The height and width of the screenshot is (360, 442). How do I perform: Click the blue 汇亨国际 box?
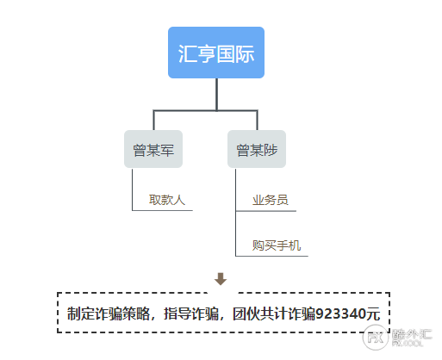tap(216, 53)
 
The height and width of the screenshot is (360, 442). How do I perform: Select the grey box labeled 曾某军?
tap(153, 149)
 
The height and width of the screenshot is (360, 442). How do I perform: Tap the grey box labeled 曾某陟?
tap(257, 149)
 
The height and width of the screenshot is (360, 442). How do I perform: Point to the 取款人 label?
tap(167, 200)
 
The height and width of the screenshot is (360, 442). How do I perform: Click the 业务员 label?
tap(271, 200)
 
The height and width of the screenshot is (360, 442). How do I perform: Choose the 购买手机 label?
tap(277, 245)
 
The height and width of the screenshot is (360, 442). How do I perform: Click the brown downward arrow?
tap(221, 279)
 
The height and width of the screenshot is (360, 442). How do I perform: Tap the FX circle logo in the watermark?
tap(376, 338)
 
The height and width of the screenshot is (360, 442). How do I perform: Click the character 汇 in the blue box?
tap(187, 53)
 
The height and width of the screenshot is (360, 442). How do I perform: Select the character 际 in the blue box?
tap(245, 53)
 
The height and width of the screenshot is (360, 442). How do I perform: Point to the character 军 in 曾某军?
tap(167, 150)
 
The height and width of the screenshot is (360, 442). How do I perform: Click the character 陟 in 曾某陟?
tap(271, 150)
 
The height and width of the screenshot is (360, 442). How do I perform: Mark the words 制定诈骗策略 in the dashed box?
tap(109, 313)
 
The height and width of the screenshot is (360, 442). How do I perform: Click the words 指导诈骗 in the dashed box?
tap(191, 313)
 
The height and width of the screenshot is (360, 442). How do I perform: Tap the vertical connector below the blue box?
tap(216, 94)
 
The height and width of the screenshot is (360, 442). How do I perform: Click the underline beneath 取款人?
tap(162, 210)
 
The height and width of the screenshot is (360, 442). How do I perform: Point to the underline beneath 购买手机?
tap(271, 256)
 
